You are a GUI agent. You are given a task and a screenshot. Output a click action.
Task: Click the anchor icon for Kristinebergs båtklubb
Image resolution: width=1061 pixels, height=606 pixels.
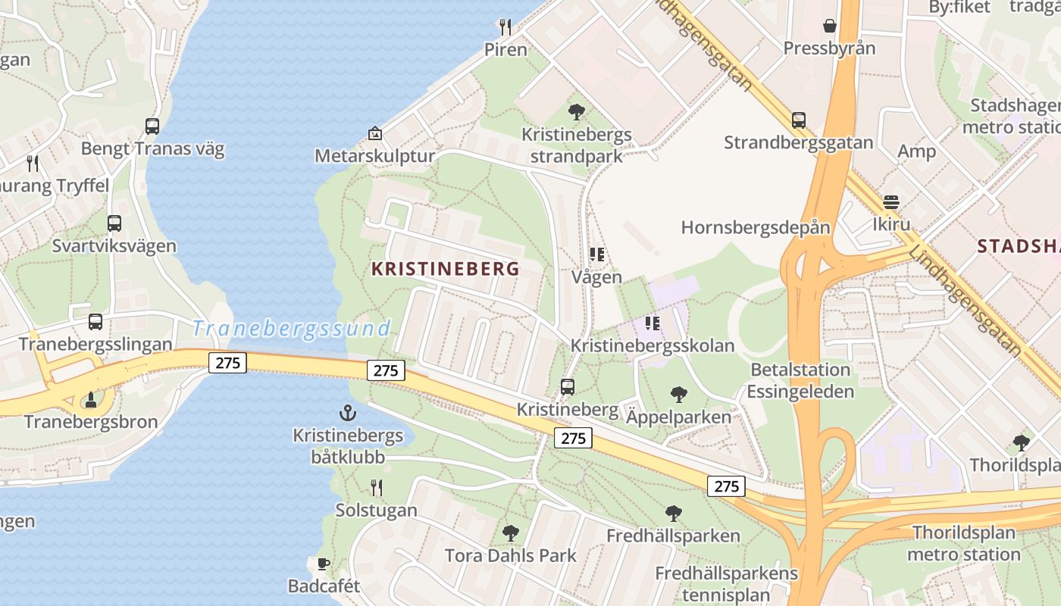[347, 413]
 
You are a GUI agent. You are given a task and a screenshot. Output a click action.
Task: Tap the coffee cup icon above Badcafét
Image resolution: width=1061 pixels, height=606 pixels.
[323, 563]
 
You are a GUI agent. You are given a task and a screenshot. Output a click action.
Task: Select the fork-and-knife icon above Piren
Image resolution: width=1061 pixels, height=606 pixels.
[505, 27]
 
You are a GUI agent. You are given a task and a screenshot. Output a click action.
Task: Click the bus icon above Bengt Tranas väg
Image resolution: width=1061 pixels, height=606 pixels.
[152, 127]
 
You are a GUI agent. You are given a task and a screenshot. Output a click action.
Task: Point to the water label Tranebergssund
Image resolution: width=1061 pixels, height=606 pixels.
[291, 329]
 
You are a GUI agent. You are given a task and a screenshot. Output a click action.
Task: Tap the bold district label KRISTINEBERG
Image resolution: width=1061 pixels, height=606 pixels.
[446, 269]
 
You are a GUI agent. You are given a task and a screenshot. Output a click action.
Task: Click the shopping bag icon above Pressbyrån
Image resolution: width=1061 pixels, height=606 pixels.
[830, 26]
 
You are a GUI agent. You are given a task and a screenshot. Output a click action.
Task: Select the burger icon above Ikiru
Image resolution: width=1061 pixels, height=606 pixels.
[891, 202]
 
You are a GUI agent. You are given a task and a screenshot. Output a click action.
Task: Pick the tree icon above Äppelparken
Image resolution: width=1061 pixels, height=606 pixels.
[679, 394]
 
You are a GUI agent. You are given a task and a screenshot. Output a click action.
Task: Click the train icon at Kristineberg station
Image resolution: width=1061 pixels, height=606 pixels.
[568, 387]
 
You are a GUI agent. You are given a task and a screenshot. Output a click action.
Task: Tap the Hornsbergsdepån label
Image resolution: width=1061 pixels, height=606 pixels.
[756, 227]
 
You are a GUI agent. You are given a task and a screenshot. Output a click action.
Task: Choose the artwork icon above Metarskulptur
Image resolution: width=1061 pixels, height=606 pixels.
[374, 133]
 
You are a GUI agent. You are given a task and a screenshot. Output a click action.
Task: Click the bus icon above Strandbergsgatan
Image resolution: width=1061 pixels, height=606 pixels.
[798, 120]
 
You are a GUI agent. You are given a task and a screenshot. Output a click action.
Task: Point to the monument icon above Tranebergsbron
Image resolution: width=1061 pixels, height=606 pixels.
[91, 398]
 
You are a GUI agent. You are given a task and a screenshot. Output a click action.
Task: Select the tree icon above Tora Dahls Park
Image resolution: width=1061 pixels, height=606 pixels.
[511, 533]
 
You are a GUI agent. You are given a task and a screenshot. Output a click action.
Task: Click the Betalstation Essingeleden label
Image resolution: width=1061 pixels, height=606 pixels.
[800, 380]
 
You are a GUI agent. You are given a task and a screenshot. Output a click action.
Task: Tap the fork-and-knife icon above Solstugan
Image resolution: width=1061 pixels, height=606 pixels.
[376, 487]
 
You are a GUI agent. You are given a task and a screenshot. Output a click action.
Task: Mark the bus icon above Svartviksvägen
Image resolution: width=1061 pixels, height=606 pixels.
[114, 223]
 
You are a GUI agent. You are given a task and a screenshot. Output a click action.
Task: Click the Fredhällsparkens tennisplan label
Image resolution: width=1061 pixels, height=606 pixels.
[726, 584]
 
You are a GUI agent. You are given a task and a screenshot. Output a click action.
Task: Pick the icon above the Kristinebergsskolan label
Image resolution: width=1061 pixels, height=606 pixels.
[653, 323]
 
